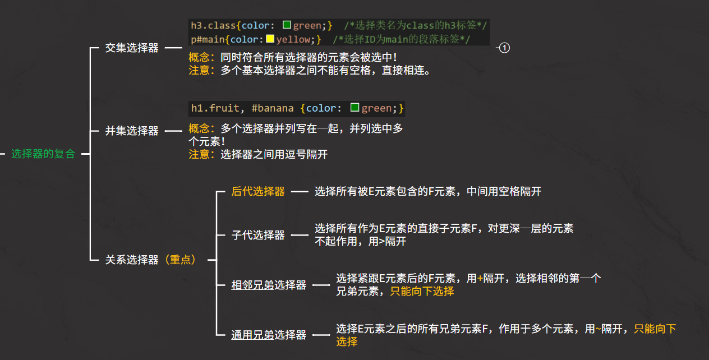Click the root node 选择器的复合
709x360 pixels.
[x=43, y=154]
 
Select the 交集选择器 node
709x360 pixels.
[x=132, y=48]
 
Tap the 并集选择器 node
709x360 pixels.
[x=132, y=131]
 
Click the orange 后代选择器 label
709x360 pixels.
[x=258, y=191]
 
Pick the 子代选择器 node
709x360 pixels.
[x=258, y=235]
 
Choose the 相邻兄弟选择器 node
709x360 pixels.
[x=269, y=285]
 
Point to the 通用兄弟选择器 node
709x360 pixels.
[x=269, y=335]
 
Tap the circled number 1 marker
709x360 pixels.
[x=504, y=48]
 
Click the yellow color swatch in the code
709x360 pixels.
[x=270, y=39]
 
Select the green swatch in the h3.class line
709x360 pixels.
[x=287, y=25]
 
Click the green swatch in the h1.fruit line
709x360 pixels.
[x=354, y=108]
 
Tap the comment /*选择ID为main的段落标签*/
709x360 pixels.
[x=402, y=39]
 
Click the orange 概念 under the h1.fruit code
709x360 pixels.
[x=200, y=128]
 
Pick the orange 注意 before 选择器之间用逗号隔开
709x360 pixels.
[x=200, y=154]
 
